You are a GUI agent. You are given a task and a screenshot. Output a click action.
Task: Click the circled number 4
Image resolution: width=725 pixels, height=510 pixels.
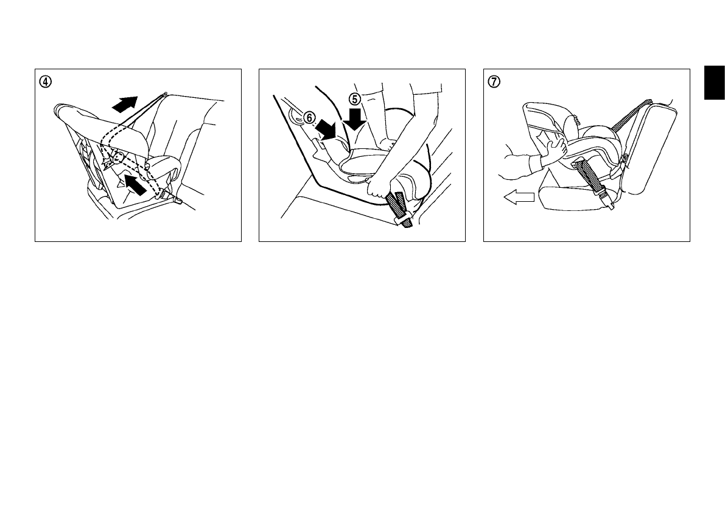[45, 81]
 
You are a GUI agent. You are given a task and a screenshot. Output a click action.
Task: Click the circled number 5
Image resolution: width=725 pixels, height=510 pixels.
[355, 98]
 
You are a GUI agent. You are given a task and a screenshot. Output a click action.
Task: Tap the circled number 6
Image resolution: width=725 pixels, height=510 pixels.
[309, 118]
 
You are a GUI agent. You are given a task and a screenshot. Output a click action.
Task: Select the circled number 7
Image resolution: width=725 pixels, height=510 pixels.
[494, 81]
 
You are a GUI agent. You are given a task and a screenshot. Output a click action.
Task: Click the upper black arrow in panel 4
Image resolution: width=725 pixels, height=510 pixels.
[125, 104]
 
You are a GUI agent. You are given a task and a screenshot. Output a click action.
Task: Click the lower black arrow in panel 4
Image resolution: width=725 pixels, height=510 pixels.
[135, 184]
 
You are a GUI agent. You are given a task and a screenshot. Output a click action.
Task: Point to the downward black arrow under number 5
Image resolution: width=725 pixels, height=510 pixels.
[355, 119]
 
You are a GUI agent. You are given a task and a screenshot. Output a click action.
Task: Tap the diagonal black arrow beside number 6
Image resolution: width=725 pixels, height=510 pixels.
[326, 129]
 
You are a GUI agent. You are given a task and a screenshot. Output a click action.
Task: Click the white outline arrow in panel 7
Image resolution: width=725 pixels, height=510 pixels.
[519, 198]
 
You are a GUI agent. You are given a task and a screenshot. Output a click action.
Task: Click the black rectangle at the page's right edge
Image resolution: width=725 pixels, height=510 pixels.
[715, 83]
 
